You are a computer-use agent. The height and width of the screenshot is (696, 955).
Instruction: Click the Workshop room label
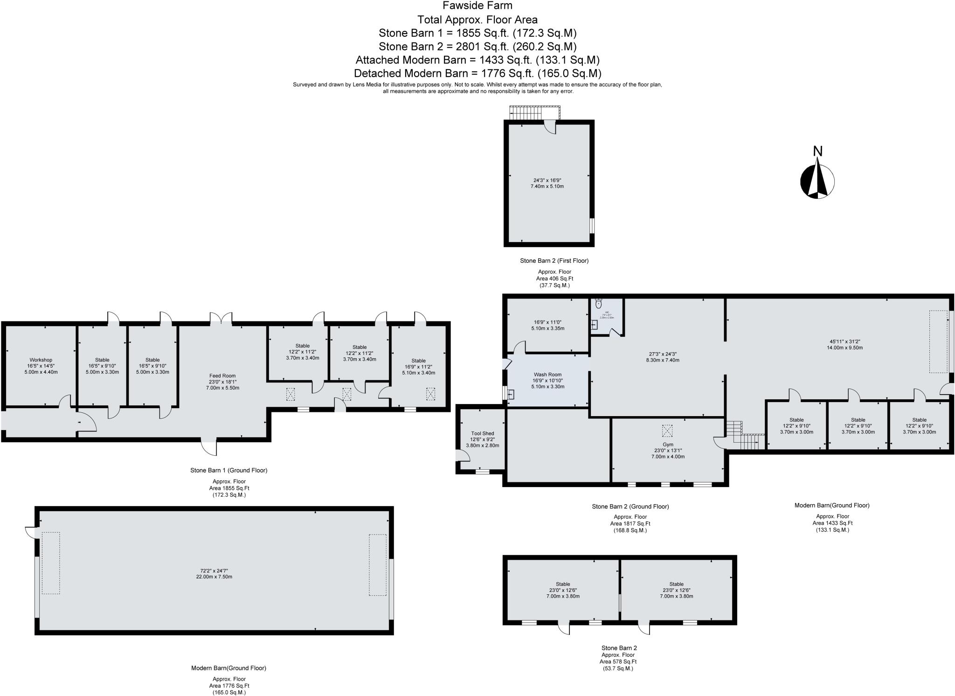41,360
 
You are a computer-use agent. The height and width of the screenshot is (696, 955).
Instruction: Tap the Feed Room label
222,376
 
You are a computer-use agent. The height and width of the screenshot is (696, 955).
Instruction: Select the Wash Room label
547,375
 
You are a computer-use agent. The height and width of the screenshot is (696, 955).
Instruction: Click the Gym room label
668,445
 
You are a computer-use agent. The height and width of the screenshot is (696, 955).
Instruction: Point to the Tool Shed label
482,433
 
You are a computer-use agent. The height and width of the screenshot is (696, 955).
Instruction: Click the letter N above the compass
817,151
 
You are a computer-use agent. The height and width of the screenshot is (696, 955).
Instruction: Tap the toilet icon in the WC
599,304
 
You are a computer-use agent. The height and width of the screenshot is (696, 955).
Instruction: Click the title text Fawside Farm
477,6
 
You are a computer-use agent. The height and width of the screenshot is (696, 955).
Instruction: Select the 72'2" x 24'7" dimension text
214,571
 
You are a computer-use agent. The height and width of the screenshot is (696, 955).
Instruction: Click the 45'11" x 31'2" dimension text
844,341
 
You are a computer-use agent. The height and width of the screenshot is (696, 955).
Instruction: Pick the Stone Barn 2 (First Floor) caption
554,261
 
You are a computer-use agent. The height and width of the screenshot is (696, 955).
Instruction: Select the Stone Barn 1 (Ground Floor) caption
228,470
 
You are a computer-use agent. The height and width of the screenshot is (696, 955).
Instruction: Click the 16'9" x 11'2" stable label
418,367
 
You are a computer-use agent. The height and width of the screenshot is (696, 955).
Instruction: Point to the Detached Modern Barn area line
477,73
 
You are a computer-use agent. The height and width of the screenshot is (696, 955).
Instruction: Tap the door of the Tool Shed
462,455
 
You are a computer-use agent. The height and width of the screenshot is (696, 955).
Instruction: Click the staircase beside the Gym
745,436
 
